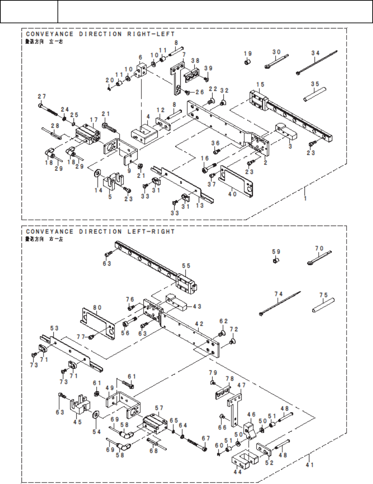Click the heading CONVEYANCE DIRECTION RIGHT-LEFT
100,34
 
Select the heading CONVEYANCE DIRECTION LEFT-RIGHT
100,232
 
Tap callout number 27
42,97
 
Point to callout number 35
315,84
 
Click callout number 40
232,194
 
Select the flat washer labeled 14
97,172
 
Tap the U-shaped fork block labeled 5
113,181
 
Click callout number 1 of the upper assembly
305,198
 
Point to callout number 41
309,465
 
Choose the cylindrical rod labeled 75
323,305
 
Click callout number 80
97,308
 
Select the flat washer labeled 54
95,415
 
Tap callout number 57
159,408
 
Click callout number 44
237,472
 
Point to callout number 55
186,266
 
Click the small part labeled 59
275,261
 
